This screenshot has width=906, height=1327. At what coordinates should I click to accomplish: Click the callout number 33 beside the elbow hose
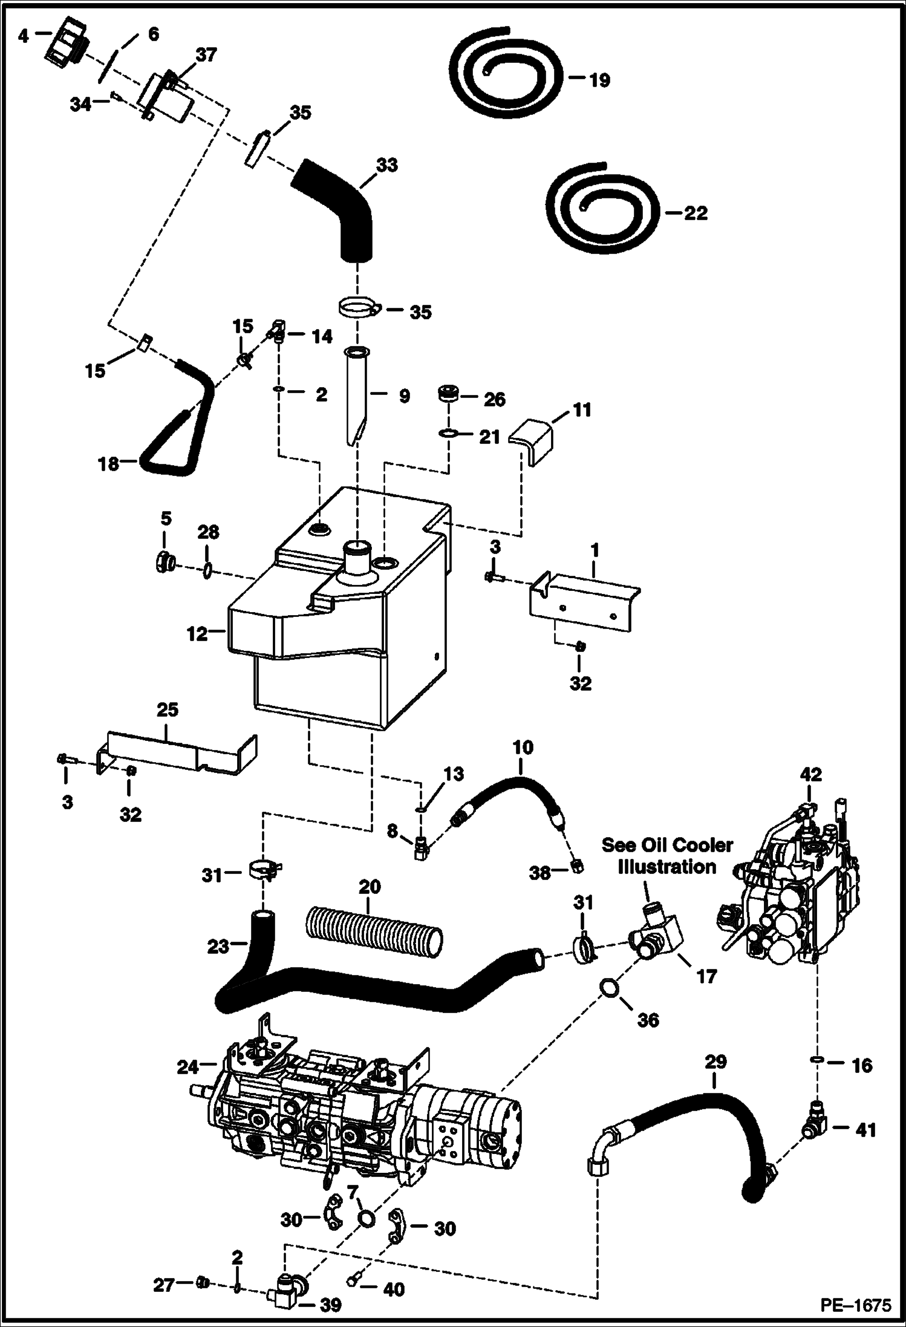[387, 165]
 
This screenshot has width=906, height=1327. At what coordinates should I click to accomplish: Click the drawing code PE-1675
[855, 1305]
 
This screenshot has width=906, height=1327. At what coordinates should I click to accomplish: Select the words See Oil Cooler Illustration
[666, 856]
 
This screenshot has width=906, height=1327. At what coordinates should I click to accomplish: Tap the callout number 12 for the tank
[197, 634]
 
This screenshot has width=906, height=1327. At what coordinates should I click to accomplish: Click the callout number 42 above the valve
[811, 774]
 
